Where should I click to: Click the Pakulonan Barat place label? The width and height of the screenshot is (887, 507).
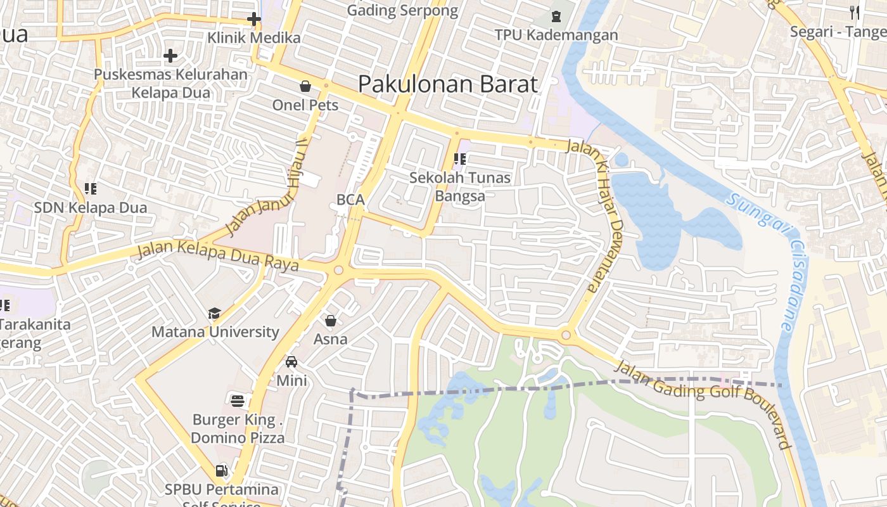click(x=447, y=84)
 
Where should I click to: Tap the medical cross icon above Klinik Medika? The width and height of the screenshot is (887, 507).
click(x=254, y=19)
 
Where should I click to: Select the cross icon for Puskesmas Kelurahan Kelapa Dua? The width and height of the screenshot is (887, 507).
click(x=170, y=56)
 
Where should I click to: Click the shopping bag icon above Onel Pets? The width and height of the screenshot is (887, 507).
click(x=305, y=86)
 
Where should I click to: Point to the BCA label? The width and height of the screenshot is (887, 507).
click(x=350, y=200)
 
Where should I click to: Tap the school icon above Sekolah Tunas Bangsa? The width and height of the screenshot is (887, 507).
click(x=460, y=159)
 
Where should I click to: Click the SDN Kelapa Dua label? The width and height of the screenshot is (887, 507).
click(x=91, y=207)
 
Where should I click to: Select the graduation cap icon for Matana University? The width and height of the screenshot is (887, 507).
click(x=214, y=313)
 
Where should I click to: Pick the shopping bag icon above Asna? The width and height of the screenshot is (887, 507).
click(x=330, y=321)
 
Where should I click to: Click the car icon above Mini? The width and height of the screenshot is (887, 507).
click(x=291, y=362)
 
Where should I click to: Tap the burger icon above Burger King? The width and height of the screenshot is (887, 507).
click(x=238, y=400)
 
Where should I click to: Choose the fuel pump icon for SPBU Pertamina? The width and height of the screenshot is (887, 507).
click(x=221, y=470)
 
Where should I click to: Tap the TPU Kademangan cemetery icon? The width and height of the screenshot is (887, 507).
click(x=556, y=16)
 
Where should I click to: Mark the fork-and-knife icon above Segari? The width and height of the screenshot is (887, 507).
click(x=855, y=11)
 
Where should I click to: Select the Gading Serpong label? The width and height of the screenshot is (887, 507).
click(x=403, y=10)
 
